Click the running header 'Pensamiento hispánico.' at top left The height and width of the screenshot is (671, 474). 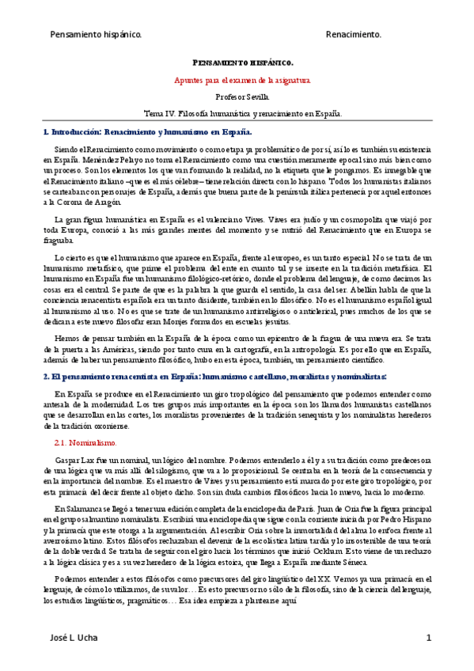click(96, 35)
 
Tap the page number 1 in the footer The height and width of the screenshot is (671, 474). click(428, 638)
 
